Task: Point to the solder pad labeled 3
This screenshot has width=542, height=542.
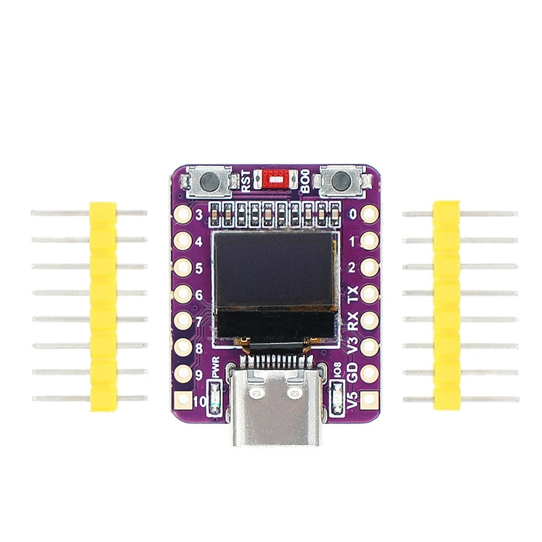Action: click(x=182, y=215)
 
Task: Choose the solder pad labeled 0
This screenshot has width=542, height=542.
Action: click(x=369, y=215)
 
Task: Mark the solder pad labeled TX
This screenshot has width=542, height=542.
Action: click(x=369, y=294)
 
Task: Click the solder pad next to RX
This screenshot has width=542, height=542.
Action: click(x=369, y=320)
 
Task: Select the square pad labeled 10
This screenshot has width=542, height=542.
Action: click(x=182, y=400)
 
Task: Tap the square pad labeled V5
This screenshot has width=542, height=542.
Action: click(x=369, y=400)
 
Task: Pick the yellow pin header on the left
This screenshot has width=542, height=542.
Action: click(x=103, y=306)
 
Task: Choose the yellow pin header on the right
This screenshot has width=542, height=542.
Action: click(x=446, y=306)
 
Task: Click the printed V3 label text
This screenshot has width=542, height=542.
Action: click(x=352, y=346)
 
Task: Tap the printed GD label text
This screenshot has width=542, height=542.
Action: click(x=352, y=372)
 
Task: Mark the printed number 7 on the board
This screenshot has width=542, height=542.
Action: click(x=199, y=321)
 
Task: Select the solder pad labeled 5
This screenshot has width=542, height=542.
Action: click(x=182, y=268)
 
